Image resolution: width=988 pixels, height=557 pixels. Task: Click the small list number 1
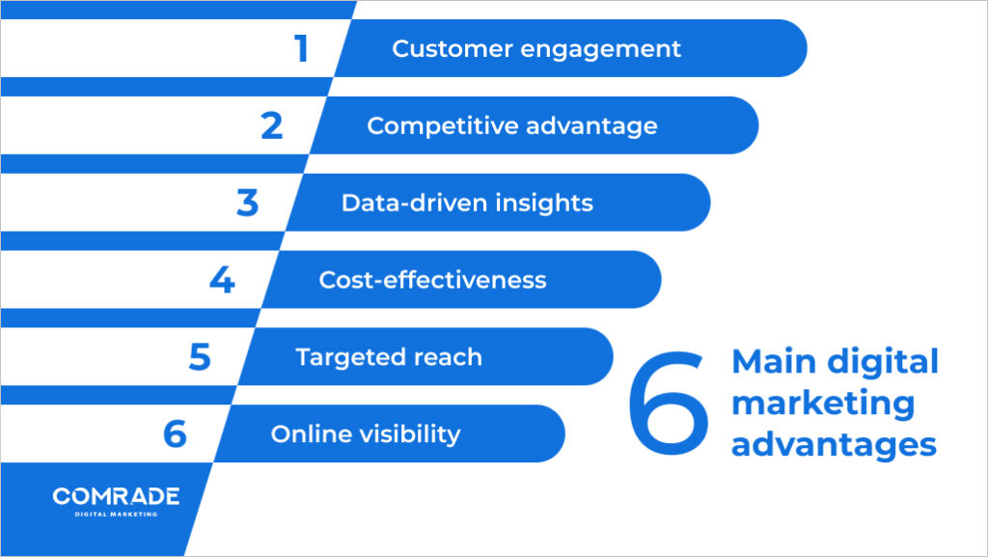pyautogui.click(x=301, y=48)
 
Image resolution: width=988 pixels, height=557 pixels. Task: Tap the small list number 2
pyautogui.click(x=272, y=125)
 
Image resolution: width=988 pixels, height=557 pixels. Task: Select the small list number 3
pyautogui.click(x=248, y=203)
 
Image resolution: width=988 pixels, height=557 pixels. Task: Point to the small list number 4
pyautogui.click(x=222, y=280)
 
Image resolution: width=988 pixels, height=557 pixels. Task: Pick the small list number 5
pyautogui.click(x=200, y=357)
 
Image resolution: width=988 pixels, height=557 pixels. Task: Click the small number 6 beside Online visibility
pyautogui.click(x=175, y=434)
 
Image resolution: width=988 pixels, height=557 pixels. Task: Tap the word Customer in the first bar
pyautogui.click(x=439, y=48)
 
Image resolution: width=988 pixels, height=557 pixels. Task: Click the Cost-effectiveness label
pyautogui.click(x=432, y=280)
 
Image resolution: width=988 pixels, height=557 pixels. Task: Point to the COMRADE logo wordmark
pyautogui.click(x=116, y=496)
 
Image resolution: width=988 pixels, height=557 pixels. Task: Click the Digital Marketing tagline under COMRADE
pyautogui.click(x=116, y=514)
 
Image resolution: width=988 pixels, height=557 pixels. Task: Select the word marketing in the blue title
pyautogui.click(x=823, y=404)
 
